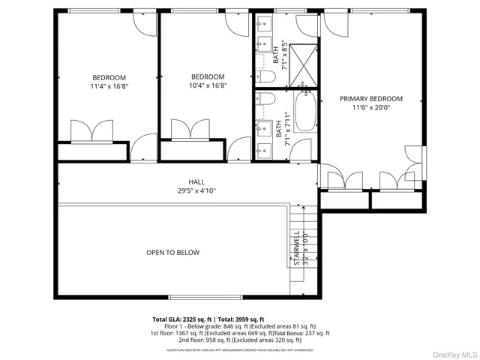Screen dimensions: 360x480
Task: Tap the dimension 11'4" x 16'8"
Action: (109, 86)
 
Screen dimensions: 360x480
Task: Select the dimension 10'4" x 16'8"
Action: (208, 85)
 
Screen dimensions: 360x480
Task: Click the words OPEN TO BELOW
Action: (172, 253)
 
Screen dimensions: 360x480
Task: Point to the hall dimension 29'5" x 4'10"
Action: (196, 191)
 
